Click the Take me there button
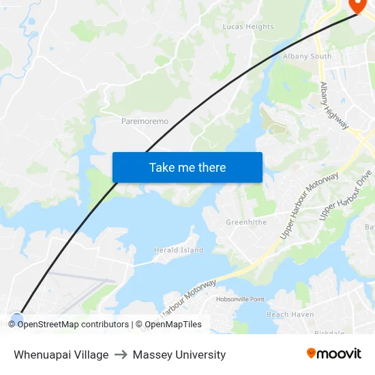coord(187,167)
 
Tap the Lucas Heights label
coord(248,27)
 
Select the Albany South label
coord(307,56)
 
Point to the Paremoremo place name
coord(145,121)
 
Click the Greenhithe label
coord(246,222)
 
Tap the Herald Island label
coord(179,250)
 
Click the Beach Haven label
coord(290,314)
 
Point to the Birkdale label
coord(330,332)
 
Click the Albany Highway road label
coord(335,106)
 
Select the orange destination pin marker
coord(357,5)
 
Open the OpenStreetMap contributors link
coord(72,325)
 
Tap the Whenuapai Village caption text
coord(61,355)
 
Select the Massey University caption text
coord(179,355)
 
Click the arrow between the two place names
coord(121,355)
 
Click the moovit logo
coord(333,353)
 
